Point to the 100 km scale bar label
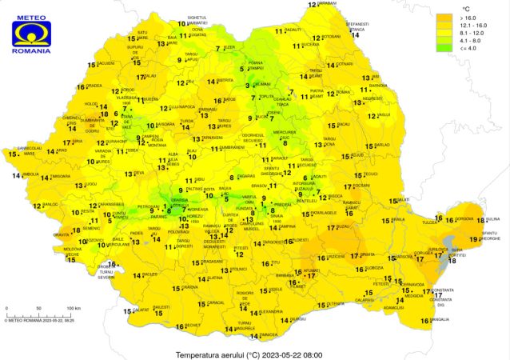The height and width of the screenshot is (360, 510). click(x=73, y=307)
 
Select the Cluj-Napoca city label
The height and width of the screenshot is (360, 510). click(x=181, y=106)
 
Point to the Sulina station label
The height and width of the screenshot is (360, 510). click(x=492, y=218)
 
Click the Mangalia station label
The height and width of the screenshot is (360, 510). click(x=440, y=319)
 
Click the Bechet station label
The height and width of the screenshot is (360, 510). click(x=193, y=325)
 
